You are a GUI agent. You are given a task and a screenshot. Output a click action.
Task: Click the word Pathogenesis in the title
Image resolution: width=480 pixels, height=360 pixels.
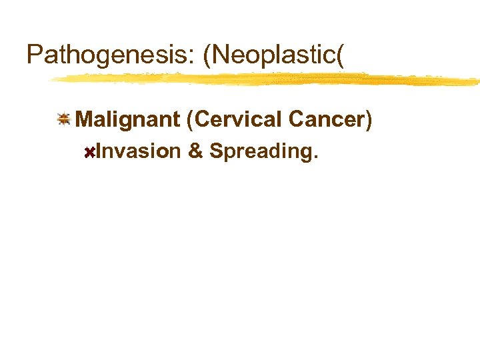[x=107, y=55]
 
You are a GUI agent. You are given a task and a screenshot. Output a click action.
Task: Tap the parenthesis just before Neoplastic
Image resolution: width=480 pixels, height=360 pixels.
[x=208, y=56]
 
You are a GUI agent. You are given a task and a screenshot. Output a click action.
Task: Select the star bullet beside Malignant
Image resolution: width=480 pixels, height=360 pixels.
[x=64, y=119]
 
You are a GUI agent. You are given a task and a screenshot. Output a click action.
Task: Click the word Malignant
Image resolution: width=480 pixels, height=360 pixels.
[x=128, y=120]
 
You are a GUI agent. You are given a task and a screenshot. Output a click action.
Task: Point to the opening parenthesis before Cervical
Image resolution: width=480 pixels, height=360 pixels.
[x=191, y=120]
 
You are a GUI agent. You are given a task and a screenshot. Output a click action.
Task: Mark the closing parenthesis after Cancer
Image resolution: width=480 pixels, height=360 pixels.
[x=368, y=120]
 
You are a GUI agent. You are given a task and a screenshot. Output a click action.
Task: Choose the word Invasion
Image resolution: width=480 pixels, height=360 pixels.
[x=138, y=151]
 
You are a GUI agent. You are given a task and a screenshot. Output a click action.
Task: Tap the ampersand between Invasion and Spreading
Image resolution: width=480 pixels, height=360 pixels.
[x=195, y=151]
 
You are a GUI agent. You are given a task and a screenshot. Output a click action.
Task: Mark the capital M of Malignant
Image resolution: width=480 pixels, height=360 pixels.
[x=85, y=119]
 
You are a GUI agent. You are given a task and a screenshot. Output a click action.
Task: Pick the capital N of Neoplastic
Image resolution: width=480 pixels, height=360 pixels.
[x=223, y=55]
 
